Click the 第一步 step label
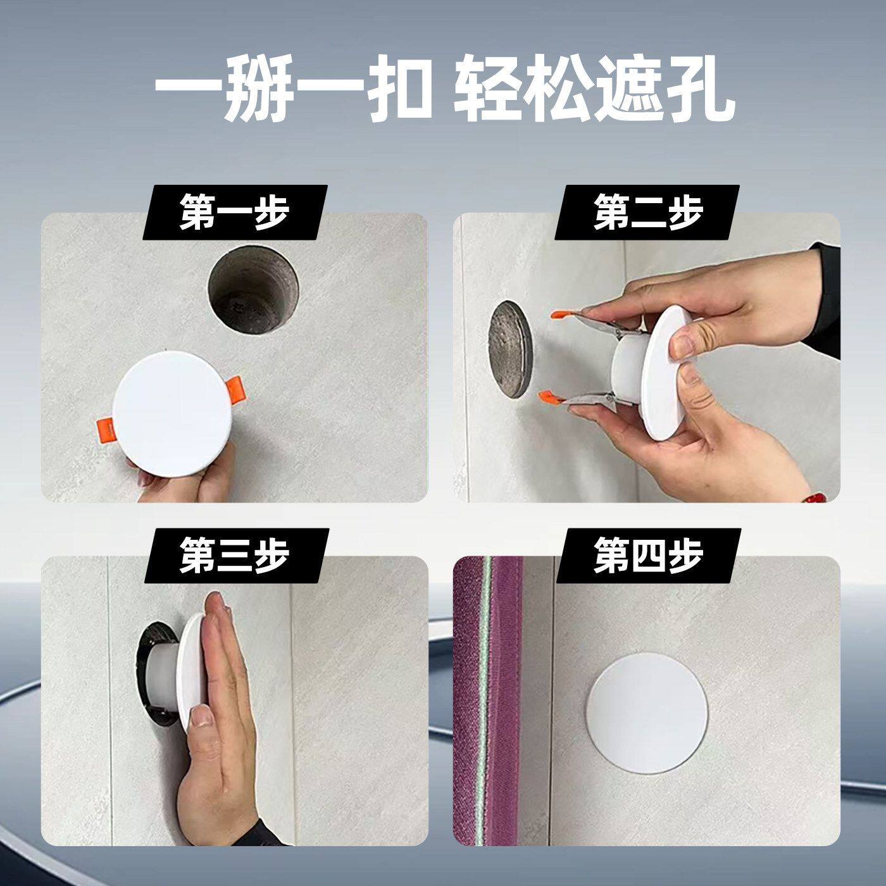235,213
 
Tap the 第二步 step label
648,213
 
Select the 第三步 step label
235,556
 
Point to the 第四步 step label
648,556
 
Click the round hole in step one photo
253,289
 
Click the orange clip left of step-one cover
105,430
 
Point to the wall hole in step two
510,349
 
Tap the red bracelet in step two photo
821,497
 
